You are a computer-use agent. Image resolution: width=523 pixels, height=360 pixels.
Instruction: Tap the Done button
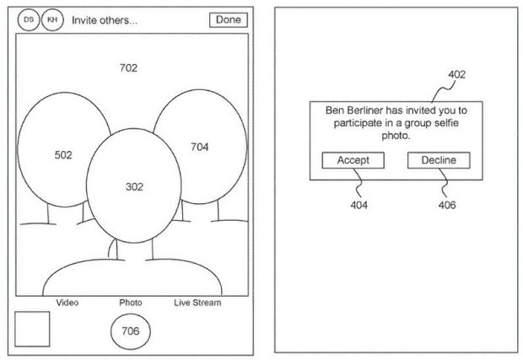coord(229,19)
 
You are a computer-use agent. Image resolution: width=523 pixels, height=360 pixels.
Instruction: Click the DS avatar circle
coord(29,19)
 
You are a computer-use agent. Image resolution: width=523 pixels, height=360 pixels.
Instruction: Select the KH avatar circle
coord(52,19)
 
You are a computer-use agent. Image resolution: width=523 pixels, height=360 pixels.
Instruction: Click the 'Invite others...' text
coord(105,20)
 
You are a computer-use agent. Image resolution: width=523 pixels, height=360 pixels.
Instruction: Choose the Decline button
coord(439,160)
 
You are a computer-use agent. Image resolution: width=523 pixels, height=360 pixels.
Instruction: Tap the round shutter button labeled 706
coord(131,331)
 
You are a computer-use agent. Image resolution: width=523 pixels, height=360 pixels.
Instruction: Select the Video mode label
coord(67,303)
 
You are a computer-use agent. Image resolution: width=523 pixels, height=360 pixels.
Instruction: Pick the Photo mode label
coord(131,303)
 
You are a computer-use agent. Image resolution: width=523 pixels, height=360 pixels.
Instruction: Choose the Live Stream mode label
coord(197,303)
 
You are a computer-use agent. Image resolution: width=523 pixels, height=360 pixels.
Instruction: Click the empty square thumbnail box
coord(32,329)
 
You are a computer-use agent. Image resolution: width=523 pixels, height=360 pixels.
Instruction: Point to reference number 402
coord(456,74)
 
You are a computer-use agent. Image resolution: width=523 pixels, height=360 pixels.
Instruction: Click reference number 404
coord(359,205)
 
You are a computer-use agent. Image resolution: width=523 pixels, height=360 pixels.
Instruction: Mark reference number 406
coord(447,205)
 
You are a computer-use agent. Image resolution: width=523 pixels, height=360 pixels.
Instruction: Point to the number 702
coord(128,68)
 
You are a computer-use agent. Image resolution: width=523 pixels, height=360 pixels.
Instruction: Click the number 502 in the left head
coord(63,155)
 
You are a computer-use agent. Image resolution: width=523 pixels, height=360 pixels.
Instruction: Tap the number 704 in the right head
coord(199,147)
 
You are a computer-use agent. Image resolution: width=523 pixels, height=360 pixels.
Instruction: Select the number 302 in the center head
coord(134,186)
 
